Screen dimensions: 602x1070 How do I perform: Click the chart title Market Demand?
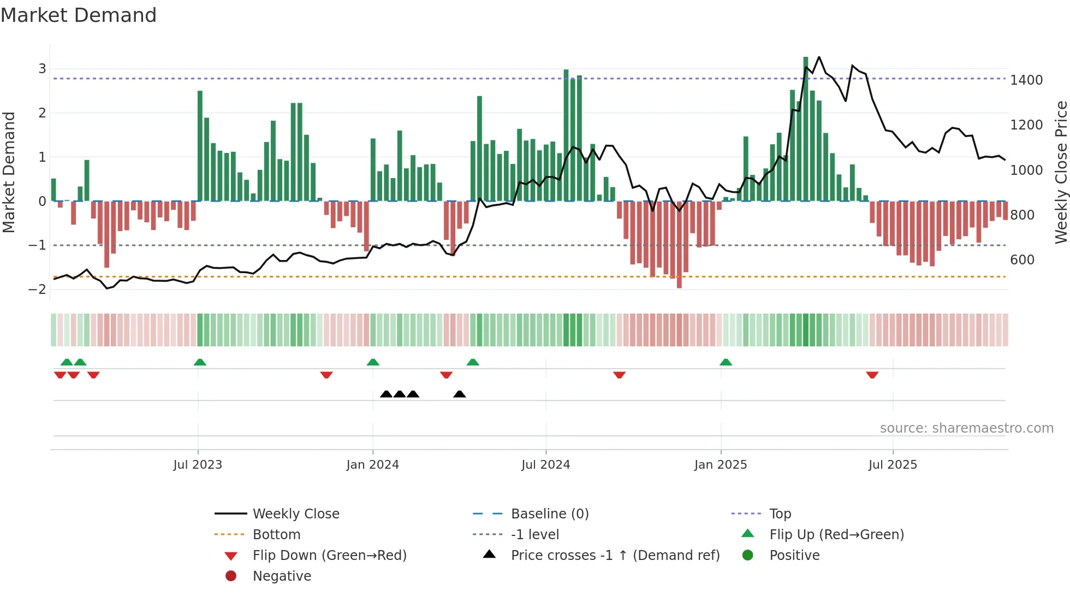79,15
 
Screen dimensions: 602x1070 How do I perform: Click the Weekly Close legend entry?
295,514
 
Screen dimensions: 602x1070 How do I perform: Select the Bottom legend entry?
276,534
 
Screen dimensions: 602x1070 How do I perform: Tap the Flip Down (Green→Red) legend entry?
329,555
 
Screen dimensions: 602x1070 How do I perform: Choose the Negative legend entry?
282,576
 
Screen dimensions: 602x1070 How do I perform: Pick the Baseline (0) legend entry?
549,514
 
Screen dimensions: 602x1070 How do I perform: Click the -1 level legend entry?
534,534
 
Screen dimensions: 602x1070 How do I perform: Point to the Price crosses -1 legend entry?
615,555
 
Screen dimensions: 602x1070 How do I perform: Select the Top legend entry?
780,514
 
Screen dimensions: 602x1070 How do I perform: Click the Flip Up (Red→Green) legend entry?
836,534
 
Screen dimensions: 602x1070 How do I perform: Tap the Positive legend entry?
794,555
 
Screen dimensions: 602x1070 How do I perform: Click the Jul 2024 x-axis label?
545,464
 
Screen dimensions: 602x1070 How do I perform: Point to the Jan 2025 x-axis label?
721,464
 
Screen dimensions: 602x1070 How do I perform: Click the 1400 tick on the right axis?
1026,80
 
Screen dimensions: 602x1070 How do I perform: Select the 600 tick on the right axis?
1022,259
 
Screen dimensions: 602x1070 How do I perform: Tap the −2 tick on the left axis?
37,289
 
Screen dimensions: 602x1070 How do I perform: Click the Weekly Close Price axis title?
1061,172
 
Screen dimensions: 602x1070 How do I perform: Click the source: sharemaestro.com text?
966,428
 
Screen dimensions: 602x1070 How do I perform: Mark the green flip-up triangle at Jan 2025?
726,362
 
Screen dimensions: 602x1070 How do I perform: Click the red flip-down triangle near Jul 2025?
872,375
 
